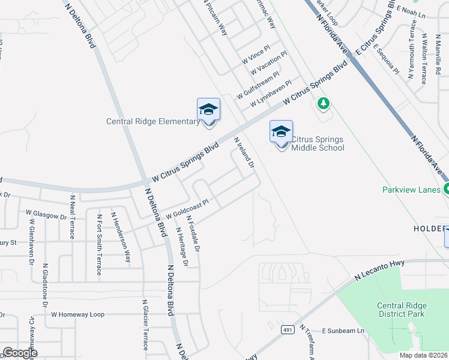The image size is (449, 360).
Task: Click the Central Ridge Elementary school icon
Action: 208,109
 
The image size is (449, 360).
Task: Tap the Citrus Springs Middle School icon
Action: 281,131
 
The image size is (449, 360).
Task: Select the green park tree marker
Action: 324,103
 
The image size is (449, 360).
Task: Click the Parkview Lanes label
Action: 411,190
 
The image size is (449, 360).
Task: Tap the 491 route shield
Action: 287,329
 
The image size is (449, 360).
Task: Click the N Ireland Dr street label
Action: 245,152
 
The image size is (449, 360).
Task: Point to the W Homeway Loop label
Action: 77,314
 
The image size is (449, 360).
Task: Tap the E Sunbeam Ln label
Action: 343,331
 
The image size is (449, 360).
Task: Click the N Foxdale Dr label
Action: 193,233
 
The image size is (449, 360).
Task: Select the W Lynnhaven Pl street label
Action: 271,93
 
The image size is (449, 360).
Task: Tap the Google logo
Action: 20,353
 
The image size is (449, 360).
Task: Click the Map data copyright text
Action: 423,355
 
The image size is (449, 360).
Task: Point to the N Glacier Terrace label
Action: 145,325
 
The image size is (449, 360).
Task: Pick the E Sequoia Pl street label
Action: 386,59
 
